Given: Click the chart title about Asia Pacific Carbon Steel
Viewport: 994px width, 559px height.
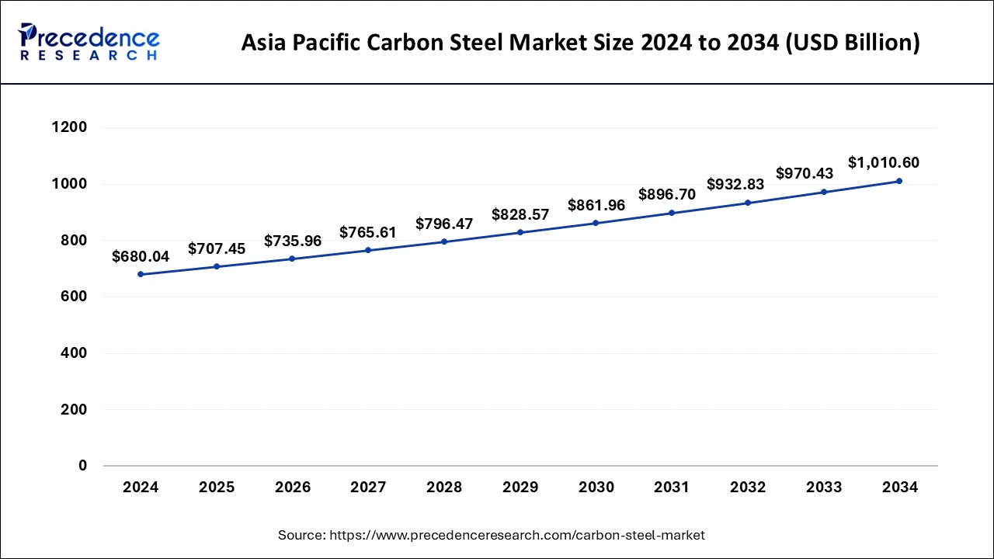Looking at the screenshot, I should point(580,43).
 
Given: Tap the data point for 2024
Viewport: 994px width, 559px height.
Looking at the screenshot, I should point(141,274).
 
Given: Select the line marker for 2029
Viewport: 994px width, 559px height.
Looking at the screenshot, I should point(520,232).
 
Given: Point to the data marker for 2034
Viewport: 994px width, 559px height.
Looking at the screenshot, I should point(899,181).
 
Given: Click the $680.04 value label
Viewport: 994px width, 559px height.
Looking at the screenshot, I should point(141,256).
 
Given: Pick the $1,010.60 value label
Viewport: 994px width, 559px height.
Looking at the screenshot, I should point(884,163).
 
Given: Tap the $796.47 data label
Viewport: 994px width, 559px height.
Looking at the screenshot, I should point(444,224).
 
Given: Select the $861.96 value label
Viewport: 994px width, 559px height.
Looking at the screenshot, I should point(596,206).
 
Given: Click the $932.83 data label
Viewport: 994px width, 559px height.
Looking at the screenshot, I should point(735,185).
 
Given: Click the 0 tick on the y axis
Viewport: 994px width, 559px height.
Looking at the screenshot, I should point(82,466).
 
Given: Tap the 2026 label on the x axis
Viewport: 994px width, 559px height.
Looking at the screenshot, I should point(293,488).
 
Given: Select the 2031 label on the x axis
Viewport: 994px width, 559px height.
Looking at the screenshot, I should point(672,488).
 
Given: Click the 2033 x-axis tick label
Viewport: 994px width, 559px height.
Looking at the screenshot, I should point(824,488).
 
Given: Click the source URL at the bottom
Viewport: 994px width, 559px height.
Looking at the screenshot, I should point(492,535).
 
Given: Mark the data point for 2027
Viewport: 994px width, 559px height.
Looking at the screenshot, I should point(368,250).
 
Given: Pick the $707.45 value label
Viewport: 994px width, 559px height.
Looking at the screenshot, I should point(217,248).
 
